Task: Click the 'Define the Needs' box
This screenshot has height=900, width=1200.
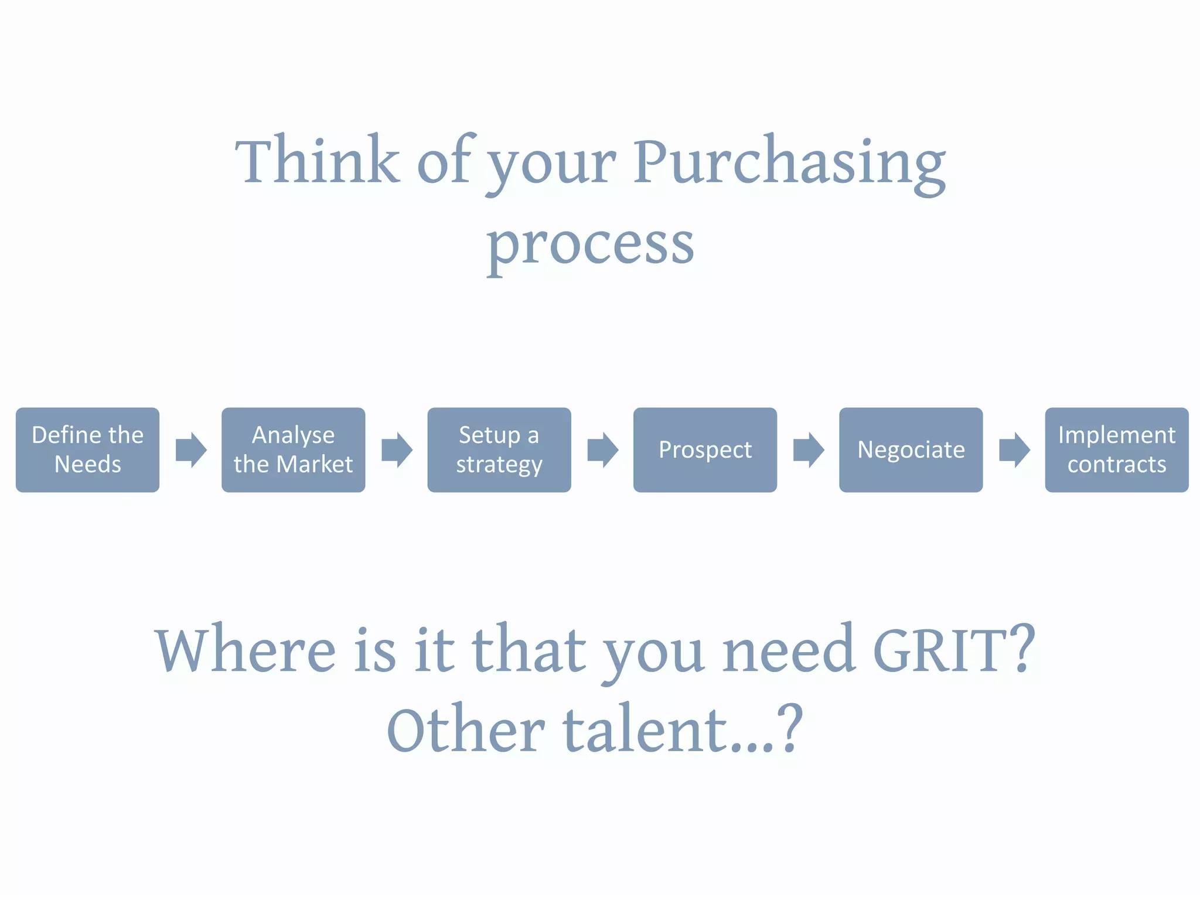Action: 87,449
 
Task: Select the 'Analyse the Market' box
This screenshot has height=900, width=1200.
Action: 293,449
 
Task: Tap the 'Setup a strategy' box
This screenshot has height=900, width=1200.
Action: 499,449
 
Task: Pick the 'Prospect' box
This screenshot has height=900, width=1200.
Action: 705,449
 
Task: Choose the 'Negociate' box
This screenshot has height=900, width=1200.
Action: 911,449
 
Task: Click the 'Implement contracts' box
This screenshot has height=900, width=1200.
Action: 1116,449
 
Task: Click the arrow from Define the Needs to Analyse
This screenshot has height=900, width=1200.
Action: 191,450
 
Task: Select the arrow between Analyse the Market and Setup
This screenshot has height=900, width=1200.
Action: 397,450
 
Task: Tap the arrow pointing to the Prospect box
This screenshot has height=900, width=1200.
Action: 603,450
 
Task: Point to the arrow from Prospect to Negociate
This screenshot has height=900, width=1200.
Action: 809,450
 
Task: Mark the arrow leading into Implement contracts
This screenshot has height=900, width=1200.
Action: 1014,450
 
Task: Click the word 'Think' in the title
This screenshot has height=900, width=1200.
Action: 318,161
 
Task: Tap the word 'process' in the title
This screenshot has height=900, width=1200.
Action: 590,245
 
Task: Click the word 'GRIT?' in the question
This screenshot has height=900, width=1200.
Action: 954,650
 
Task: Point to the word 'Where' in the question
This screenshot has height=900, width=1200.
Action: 246,650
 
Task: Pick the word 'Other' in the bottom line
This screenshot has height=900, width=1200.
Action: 466,731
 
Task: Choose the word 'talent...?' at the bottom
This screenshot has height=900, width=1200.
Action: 683,731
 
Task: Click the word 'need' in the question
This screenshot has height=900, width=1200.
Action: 788,650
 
